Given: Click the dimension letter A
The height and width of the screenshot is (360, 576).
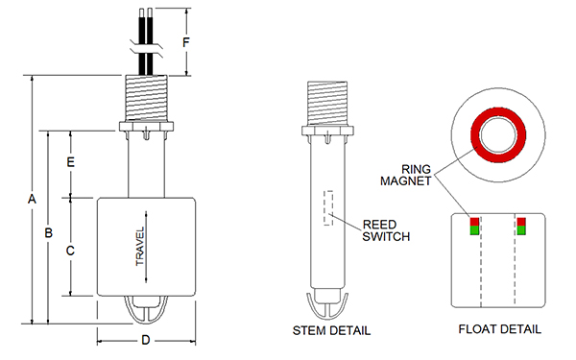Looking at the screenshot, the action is click(32, 199).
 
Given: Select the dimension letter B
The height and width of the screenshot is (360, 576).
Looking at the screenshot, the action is click(49, 233).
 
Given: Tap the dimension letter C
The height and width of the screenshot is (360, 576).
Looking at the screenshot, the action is click(70, 251).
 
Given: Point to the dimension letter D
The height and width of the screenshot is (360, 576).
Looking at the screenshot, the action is click(146, 340).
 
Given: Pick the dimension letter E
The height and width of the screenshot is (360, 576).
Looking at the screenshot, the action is click(71, 162).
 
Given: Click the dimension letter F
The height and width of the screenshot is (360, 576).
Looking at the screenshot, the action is click(186, 42).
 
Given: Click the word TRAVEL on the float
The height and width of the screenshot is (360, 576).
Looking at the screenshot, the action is click(140, 246).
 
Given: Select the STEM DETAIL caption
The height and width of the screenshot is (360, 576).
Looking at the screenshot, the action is click(331, 330).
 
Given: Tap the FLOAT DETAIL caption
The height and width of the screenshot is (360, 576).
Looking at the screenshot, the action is click(499, 329).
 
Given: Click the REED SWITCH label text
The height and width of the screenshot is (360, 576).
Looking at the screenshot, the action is click(386, 230).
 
